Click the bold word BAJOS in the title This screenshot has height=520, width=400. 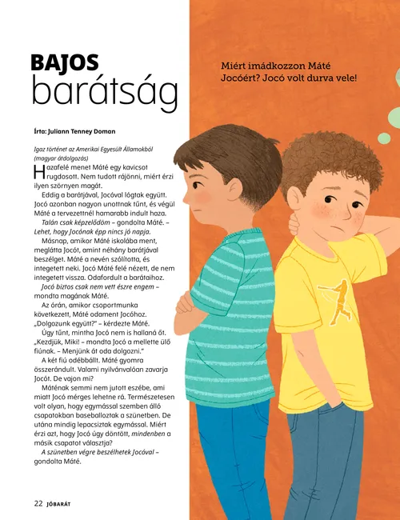pyautogui.click(x=65, y=63)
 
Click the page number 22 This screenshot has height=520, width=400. pyautogui.click(x=38, y=504)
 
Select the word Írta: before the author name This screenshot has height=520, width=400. pyautogui.click(x=43, y=131)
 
